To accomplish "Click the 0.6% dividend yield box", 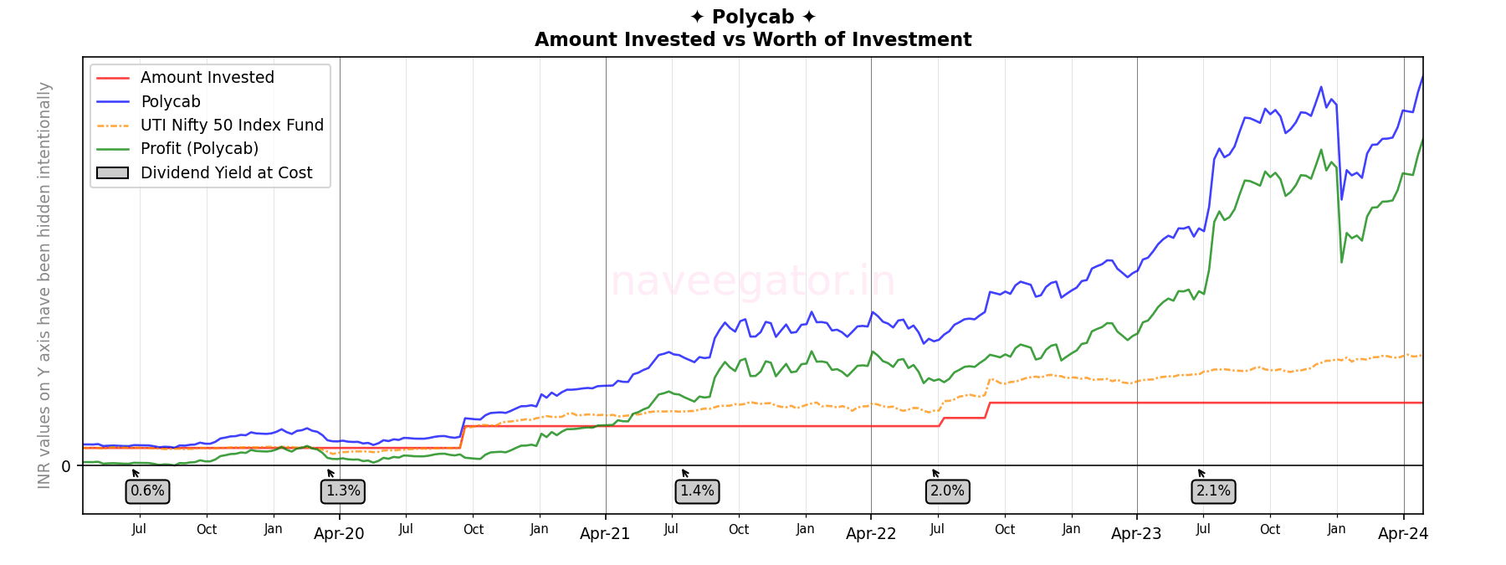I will [147, 491].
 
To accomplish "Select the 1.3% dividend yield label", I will [343, 491].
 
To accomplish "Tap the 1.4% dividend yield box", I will [697, 491].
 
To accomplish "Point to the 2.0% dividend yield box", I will [947, 491].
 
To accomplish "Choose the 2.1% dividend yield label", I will [1213, 491].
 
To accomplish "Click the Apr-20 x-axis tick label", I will [339, 534].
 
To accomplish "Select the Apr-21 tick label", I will [605, 534].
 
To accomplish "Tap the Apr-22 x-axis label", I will [871, 534].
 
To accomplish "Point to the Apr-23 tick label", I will [1136, 534].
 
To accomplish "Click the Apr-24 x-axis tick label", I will [1403, 534].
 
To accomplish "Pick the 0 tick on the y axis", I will [66, 466].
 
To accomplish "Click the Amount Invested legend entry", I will [207, 78].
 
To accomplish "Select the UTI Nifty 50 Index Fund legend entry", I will [232, 126].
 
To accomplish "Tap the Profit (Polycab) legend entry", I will [199, 149].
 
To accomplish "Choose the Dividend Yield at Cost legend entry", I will [226, 173].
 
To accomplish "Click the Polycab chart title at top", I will [753, 18].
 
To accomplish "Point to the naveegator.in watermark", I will [753, 281].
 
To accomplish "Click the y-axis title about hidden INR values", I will [44, 285].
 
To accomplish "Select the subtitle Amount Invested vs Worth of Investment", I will [753, 40].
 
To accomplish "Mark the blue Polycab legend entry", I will [171, 102].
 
